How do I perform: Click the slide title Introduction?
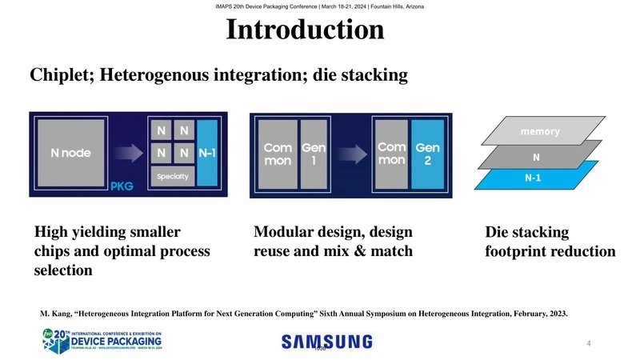point(305,30)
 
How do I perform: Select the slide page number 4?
point(588,344)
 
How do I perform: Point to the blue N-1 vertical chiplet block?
point(207,154)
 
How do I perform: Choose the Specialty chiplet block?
point(172,177)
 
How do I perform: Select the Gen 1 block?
point(312,154)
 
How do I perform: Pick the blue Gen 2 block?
point(428,154)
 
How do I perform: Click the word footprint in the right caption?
point(522,251)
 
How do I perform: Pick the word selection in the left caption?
point(63,270)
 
